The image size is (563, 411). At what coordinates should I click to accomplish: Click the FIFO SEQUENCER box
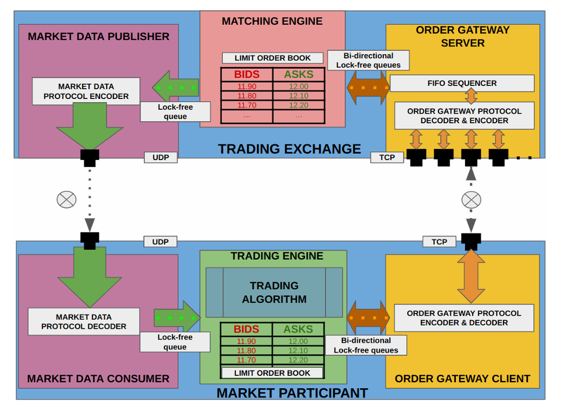click(462, 83)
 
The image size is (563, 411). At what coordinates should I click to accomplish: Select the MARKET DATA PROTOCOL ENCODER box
click(86, 91)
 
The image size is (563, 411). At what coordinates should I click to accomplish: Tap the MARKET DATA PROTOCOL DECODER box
click(84, 322)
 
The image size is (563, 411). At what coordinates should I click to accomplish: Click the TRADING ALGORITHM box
click(274, 292)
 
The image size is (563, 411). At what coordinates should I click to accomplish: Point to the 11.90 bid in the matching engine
click(247, 87)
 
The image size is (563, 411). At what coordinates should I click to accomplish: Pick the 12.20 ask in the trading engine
click(298, 360)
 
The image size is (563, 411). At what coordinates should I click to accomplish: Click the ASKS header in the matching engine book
click(299, 75)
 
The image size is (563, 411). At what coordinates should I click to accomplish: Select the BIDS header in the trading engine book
click(246, 329)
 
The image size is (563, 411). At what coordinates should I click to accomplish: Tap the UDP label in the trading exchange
click(161, 157)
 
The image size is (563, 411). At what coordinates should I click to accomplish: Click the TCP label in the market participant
click(439, 242)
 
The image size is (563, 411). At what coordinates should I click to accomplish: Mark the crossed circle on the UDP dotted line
click(67, 200)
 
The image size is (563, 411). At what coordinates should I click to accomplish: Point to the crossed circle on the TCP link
click(471, 200)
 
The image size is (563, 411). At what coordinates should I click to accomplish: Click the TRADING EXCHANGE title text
click(289, 149)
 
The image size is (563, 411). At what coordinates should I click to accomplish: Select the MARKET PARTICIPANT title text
click(292, 393)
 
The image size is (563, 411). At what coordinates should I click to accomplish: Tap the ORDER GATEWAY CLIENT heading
click(462, 379)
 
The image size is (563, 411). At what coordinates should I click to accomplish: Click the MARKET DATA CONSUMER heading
click(98, 379)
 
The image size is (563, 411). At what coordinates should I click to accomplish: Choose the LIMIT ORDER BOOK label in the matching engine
click(273, 58)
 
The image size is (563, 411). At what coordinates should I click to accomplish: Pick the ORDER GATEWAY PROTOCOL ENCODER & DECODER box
click(464, 317)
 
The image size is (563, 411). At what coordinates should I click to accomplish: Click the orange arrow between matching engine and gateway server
click(368, 88)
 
